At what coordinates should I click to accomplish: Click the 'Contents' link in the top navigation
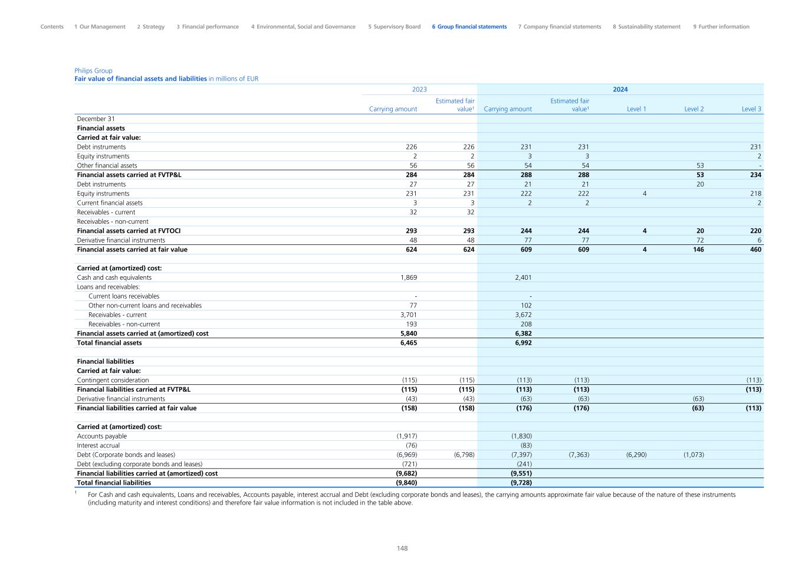[52, 27]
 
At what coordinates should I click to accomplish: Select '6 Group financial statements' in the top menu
[469, 27]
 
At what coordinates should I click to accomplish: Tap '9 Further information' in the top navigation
[721, 27]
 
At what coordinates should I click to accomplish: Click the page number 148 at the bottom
[402, 548]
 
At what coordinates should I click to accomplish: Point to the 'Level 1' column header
[636, 109]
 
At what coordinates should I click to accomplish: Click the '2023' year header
[419, 90]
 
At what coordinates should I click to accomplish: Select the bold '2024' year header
[620, 90]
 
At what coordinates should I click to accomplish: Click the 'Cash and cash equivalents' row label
[114, 277]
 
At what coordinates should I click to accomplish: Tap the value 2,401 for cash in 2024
[522, 277]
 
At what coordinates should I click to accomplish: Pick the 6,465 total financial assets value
[408, 343]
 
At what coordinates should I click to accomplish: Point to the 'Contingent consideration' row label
[113, 380]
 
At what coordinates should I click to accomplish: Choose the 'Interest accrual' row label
[98, 446]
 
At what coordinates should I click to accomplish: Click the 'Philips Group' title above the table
[93, 71]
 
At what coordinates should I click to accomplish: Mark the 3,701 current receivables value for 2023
[408, 315]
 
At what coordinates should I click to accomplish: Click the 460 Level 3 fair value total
[755, 250]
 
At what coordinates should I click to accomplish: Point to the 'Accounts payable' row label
[101, 436]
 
